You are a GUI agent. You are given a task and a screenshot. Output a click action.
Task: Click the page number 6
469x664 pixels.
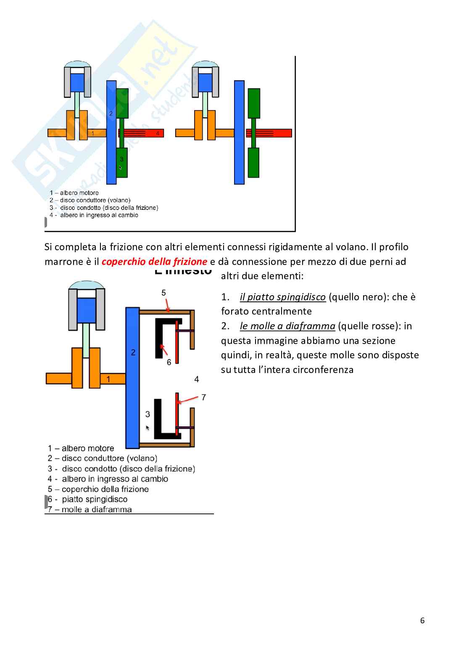(x=422, y=620)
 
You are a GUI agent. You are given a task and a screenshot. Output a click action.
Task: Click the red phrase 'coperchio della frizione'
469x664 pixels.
(x=154, y=262)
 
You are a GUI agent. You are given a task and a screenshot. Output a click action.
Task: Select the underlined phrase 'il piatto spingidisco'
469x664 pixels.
(x=282, y=297)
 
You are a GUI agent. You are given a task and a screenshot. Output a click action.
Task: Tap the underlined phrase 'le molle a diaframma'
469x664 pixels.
(x=287, y=326)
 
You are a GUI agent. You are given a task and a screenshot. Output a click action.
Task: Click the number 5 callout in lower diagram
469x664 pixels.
(x=164, y=293)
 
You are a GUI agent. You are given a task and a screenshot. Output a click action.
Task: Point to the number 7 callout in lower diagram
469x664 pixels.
(x=204, y=397)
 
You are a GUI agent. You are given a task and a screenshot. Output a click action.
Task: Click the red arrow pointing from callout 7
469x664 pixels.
(x=188, y=399)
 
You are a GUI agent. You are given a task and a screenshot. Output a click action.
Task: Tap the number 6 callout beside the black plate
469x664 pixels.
(x=169, y=362)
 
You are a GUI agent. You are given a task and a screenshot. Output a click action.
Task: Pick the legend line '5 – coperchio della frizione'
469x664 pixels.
(x=98, y=489)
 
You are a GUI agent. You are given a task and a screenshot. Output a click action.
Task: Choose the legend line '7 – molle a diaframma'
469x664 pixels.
(x=90, y=510)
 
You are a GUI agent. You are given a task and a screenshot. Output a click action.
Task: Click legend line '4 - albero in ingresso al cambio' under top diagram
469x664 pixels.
(x=94, y=215)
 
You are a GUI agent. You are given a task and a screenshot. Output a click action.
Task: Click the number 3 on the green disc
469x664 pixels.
(x=121, y=159)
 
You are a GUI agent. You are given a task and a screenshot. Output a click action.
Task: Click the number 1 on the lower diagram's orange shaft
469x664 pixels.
(x=108, y=379)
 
